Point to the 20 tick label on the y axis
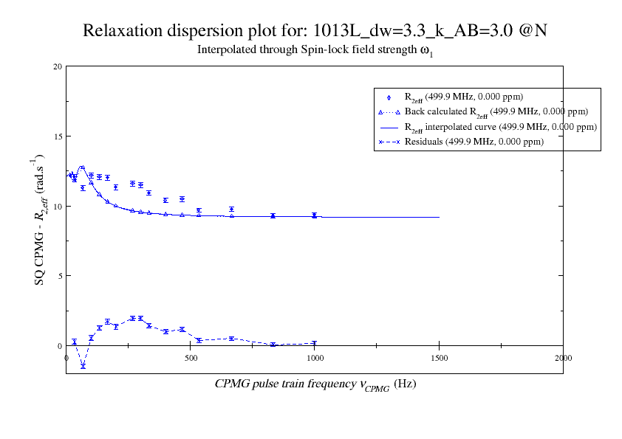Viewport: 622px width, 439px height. (57, 66)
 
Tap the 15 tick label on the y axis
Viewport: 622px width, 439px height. (57, 136)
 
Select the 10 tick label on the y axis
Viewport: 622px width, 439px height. (57, 206)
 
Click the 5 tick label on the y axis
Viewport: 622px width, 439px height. (59, 276)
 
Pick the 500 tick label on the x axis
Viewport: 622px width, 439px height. (191, 358)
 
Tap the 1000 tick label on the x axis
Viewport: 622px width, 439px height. (315, 358)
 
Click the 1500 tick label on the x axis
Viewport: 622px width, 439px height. (439, 358)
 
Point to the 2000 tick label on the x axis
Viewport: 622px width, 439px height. (563, 358)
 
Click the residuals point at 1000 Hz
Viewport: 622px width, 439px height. (315, 343)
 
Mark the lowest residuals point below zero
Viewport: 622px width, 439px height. (83, 366)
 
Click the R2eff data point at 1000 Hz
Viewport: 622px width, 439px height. (315, 215)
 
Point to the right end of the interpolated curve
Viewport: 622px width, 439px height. (439, 217)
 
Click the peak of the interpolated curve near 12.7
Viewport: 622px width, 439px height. (83, 167)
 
